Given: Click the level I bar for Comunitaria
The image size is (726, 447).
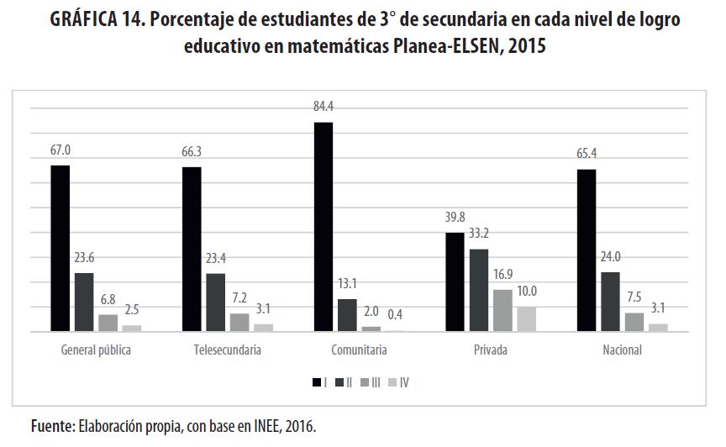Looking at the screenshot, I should pyautogui.click(x=324, y=227).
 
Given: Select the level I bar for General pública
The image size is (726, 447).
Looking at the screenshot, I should pyautogui.click(x=60, y=249).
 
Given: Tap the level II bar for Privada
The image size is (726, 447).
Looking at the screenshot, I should pyautogui.click(x=478, y=291).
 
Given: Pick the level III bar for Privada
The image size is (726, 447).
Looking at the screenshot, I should pyautogui.click(x=502, y=311).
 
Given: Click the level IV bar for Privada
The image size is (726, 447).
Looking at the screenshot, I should pyautogui.click(x=526, y=319).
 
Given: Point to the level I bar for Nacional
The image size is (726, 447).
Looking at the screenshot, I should pyautogui.click(x=587, y=250).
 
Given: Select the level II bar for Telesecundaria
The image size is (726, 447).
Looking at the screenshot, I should pyautogui.click(x=216, y=302).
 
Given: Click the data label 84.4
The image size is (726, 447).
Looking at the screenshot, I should pyautogui.click(x=324, y=106).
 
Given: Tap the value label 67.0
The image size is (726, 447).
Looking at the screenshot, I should pyautogui.click(x=60, y=150).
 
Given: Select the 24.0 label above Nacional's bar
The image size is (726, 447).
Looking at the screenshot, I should pyautogui.click(x=611, y=256).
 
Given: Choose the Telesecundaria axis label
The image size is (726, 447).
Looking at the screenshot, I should pyautogui.click(x=221, y=350).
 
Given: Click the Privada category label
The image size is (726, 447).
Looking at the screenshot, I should pyautogui.click(x=490, y=350).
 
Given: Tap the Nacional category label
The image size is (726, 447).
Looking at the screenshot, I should pyautogui.click(x=622, y=350).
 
